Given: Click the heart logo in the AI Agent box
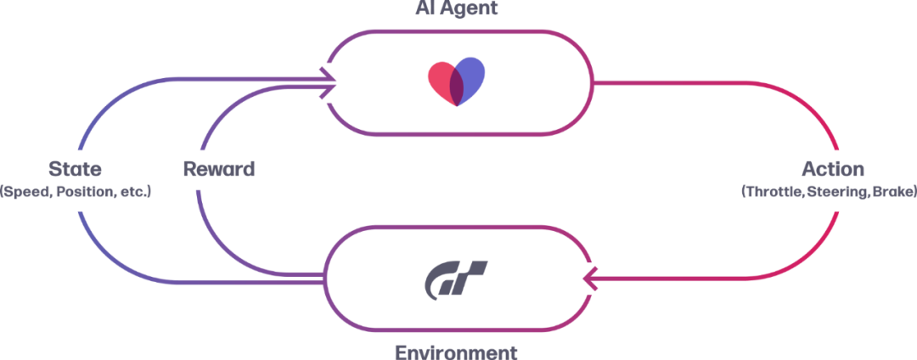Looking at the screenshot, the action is click(457, 82).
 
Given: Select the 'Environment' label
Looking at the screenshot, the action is click(458, 350).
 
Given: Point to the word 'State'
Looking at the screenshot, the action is click(76, 168).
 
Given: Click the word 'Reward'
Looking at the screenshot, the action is click(219, 168).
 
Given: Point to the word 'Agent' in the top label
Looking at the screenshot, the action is click(472, 8).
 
